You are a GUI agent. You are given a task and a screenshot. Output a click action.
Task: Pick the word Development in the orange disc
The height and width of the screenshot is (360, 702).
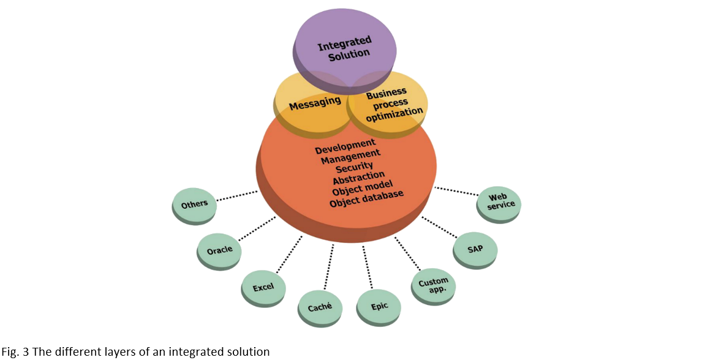[x=345, y=145]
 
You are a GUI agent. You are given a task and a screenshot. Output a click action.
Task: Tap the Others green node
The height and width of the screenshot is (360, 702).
[x=194, y=204]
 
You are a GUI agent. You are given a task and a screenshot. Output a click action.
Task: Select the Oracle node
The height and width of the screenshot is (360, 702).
[x=219, y=251]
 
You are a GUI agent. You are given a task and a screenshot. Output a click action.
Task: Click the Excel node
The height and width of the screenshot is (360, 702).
[x=263, y=287]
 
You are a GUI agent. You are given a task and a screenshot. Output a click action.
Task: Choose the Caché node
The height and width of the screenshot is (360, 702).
[x=319, y=304]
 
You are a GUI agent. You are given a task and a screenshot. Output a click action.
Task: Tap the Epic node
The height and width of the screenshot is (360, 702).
[x=379, y=306]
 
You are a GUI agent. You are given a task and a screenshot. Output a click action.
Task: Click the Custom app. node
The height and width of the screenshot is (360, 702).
[x=434, y=285]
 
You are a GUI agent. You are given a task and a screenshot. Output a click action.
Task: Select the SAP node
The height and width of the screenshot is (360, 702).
[x=475, y=250]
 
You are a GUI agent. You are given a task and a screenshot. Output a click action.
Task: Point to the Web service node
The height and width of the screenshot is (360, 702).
[x=499, y=201]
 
